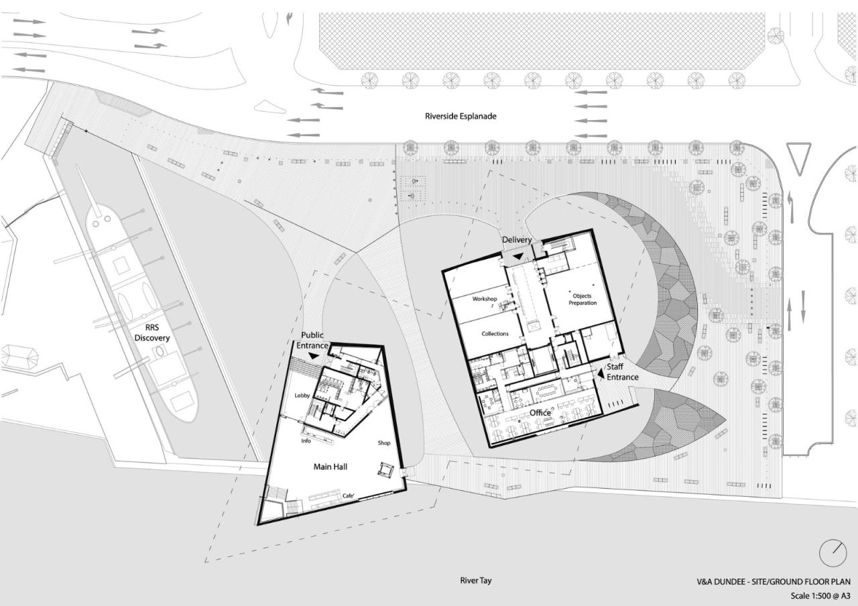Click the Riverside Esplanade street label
460,116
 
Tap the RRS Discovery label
152,333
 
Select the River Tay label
476,581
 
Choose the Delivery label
517,240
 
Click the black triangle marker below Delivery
517,255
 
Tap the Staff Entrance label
622,372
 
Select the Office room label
540,413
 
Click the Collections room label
495,333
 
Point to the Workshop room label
487,298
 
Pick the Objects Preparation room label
582,299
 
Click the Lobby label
302,396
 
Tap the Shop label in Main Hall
383,443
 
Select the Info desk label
306,441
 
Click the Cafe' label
349,495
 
